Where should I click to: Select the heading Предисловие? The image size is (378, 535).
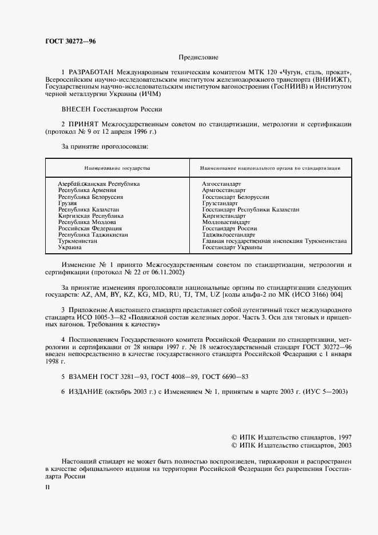click(198, 57)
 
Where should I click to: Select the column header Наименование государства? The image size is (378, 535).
click(117, 169)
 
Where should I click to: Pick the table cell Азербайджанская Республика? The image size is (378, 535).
click(99, 184)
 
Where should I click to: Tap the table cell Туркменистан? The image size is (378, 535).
click(78, 241)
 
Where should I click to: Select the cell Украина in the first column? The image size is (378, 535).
click(70, 247)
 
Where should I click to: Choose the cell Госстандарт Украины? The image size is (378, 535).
click(232, 247)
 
